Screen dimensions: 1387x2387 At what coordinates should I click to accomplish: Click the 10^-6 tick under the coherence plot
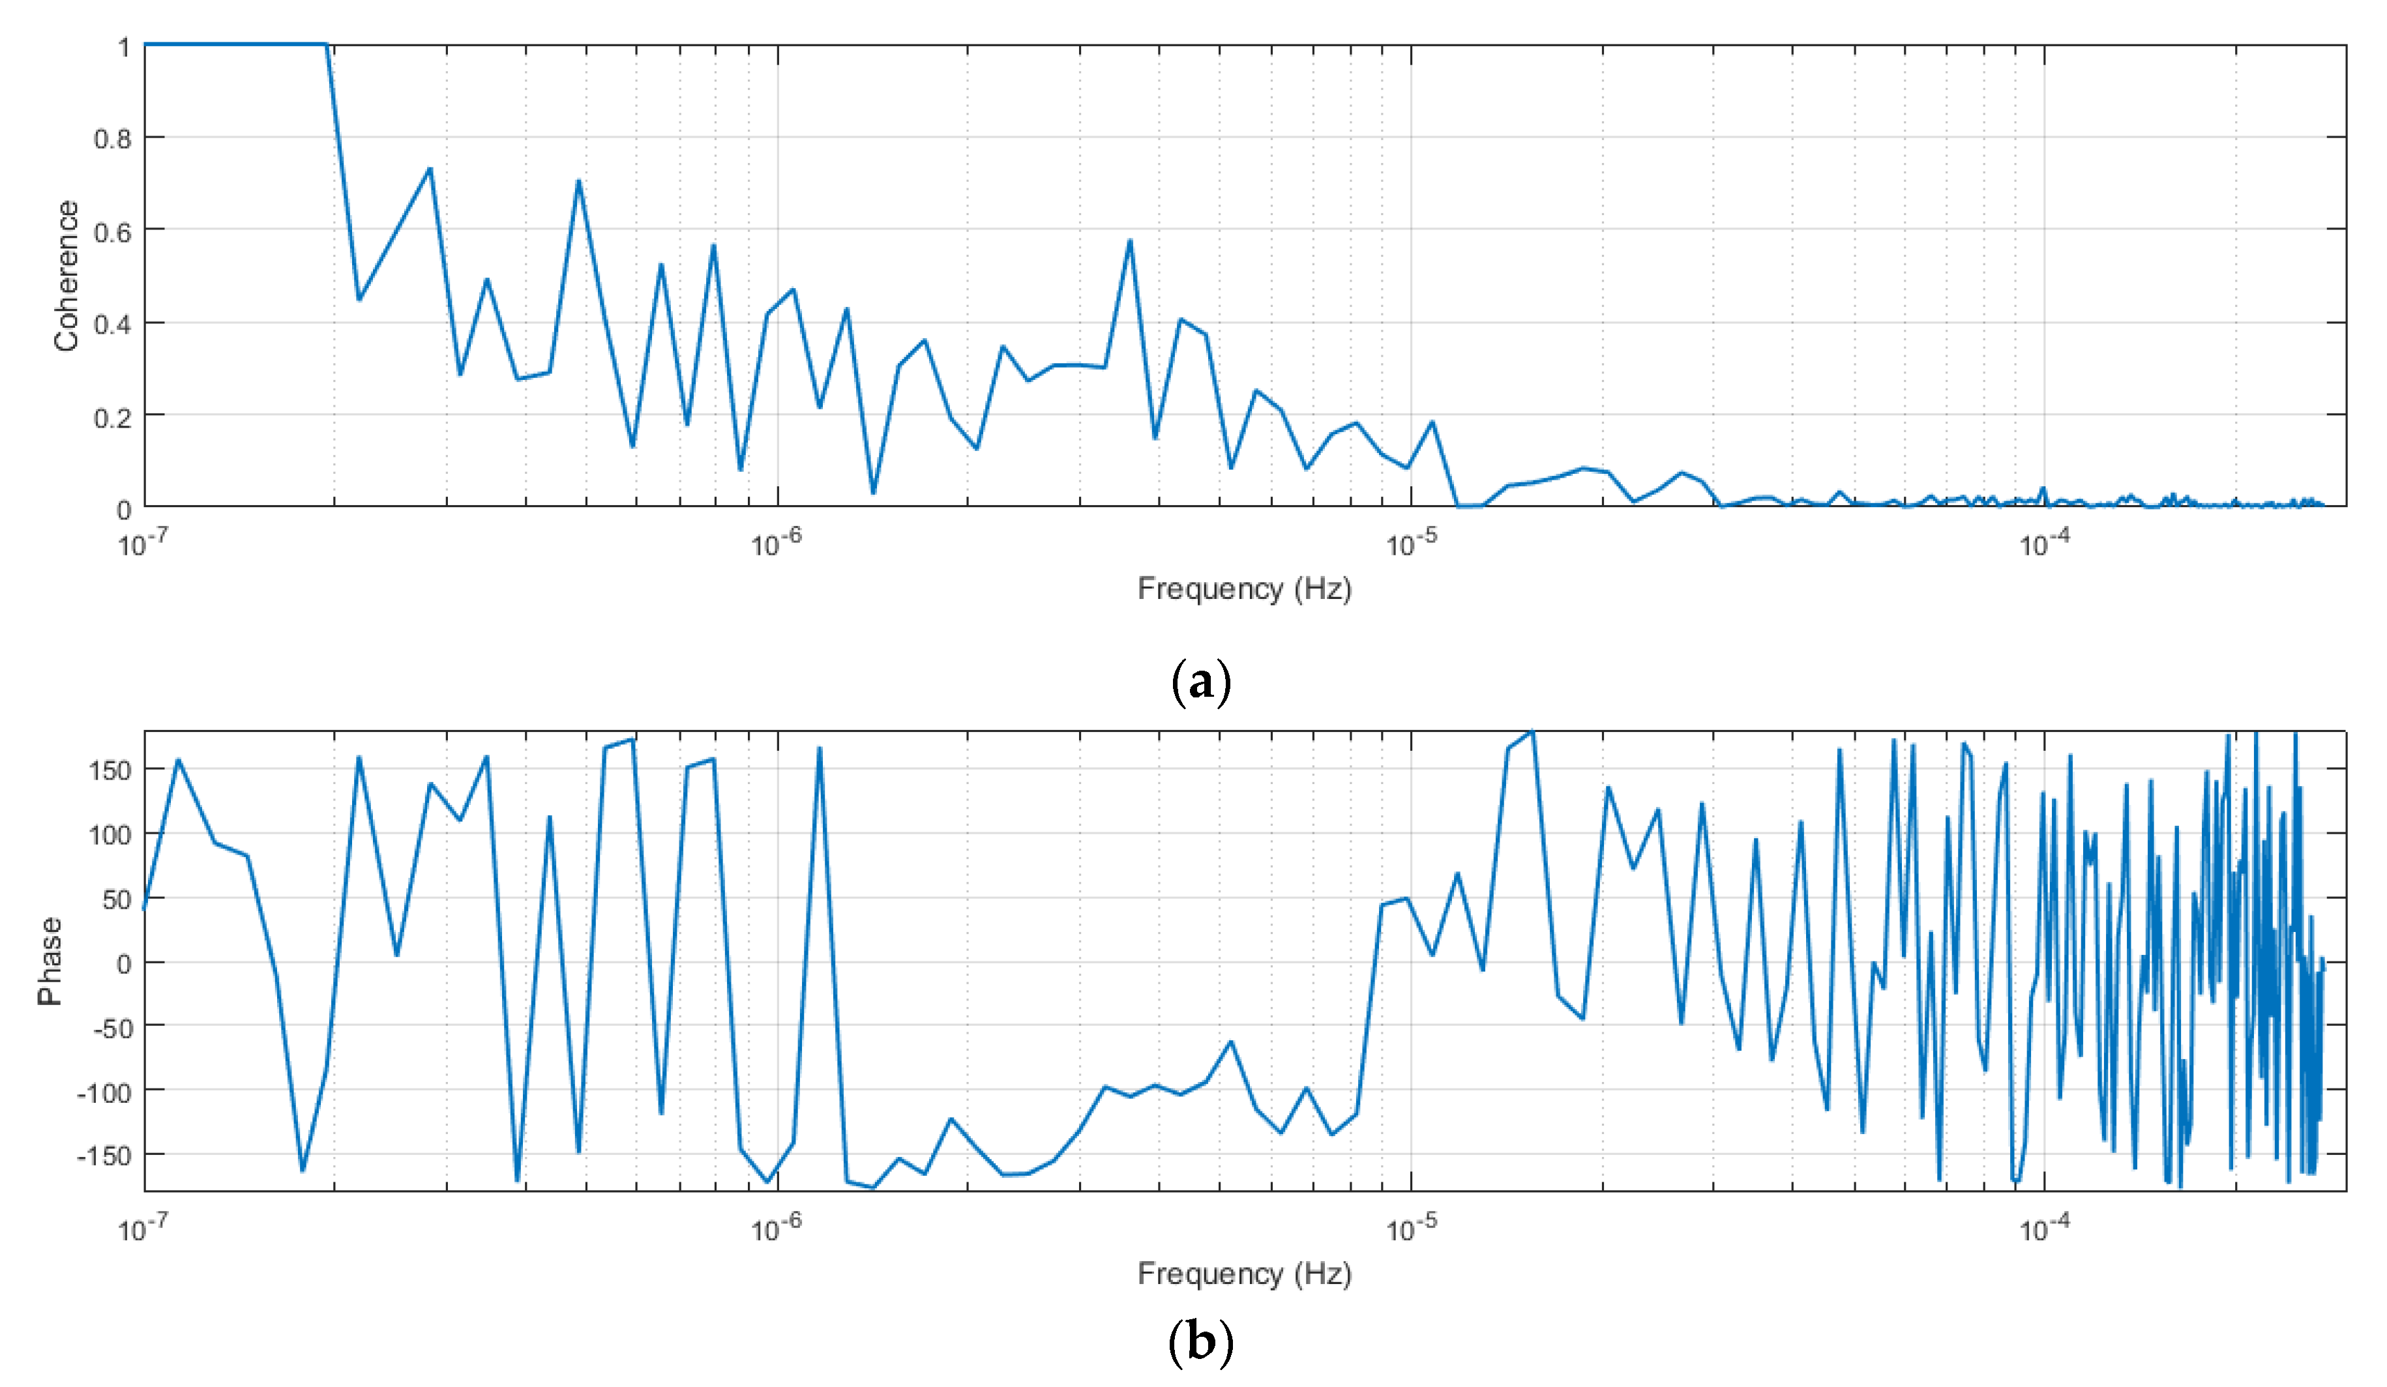tap(776, 544)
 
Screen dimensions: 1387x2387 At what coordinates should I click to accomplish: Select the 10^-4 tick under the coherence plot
tap(2044, 544)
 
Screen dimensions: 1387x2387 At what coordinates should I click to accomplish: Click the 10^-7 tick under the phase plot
tap(143, 1229)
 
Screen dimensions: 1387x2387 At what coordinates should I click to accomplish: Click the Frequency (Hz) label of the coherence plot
tap(1243, 589)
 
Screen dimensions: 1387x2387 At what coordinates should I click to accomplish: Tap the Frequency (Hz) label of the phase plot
tap(1243, 1274)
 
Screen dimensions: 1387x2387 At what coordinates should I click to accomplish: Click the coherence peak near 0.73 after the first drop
tap(430, 169)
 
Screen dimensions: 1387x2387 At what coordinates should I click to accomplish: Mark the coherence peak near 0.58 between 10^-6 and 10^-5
tap(1129, 241)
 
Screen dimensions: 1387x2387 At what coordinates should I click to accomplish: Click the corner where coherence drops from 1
tap(327, 44)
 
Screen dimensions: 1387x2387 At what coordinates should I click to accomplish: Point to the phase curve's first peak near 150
tap(178, 759)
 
